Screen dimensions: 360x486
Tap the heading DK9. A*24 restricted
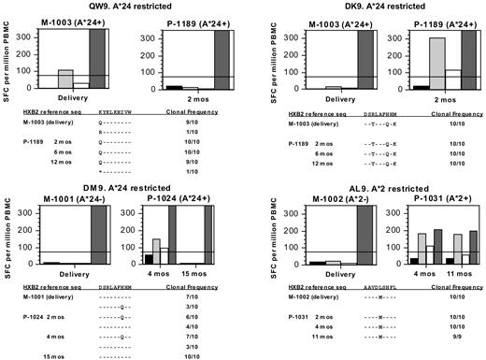click(370, 6)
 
